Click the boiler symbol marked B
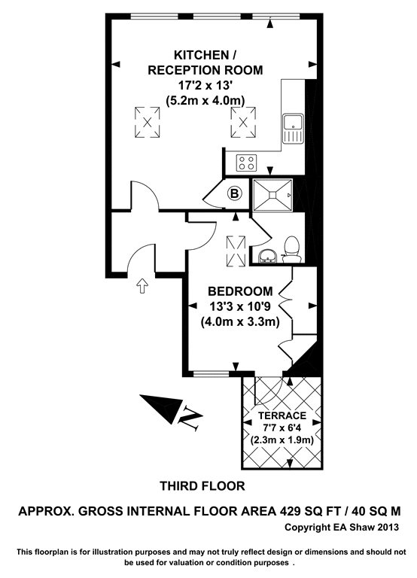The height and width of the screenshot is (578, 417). pos(235,193)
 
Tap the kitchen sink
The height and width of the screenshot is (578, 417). pos(293,128)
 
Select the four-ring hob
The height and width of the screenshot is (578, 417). pos(247,163)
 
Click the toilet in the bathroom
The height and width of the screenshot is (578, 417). pos(291,249)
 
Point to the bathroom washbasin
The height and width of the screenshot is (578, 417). pos(268,256)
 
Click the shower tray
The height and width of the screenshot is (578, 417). pos(272,195)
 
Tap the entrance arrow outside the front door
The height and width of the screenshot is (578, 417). pos(142,285)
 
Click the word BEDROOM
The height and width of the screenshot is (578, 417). pos(240,291)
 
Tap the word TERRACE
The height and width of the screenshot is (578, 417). pos(282,415)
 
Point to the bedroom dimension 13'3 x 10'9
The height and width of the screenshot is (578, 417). pos(240,306)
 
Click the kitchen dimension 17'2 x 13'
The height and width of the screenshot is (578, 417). pos(205,85)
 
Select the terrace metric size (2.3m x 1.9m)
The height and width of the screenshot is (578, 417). pos(282,440)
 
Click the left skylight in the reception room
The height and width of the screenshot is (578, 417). pos(147,123)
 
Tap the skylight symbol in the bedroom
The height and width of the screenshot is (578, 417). pos(236,251)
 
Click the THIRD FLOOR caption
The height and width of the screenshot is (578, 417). pos(202,486)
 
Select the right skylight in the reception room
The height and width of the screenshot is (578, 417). pos(243,123)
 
